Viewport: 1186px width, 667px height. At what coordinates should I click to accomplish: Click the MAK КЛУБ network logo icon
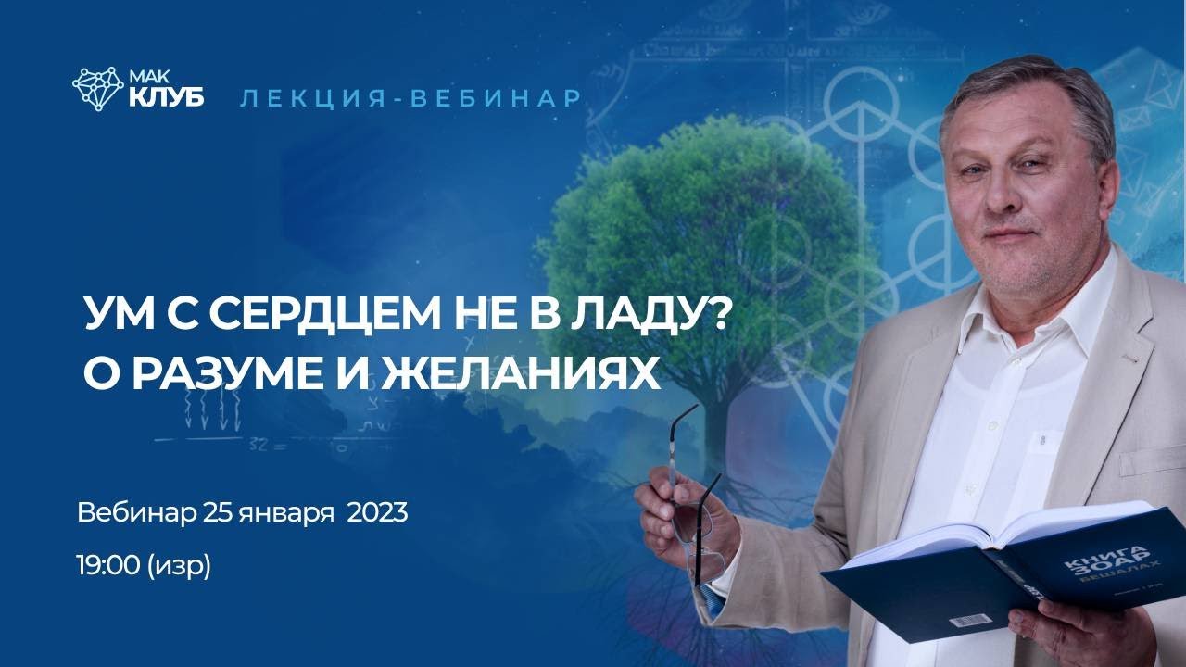coord(97,88)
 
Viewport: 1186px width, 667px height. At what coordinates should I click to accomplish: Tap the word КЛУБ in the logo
coord(168,96)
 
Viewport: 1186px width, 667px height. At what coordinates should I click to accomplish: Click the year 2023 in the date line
coord(377,512)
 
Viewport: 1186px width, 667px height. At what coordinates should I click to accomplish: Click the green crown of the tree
coord(704,213)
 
